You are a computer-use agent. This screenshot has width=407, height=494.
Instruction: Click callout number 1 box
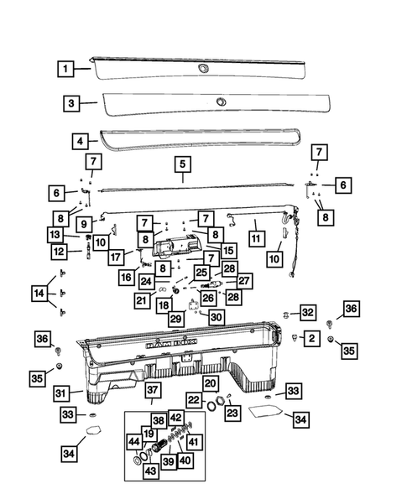(x=65, y=67)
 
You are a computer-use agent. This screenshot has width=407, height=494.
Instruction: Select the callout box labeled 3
(x=71, y=103)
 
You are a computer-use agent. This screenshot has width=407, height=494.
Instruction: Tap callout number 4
(x=80, y=141)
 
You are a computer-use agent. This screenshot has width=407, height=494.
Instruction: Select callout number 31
(x=60, y=393)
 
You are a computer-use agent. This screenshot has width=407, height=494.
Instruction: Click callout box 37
(x=152, y=389)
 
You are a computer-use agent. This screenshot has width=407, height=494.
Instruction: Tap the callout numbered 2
(x=311, y=338)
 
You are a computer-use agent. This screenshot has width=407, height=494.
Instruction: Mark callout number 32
(x=309, y=312)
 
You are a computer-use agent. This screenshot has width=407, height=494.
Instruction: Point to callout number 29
(x=175, y=320)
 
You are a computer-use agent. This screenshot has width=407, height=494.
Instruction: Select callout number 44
(x=134, y=441)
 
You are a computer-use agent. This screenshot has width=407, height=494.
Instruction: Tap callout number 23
(x=232, y=413)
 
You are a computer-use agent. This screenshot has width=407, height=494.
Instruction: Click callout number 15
(x=228, y=250)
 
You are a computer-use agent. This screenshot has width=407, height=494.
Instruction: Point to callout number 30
(x=217, y=318)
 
